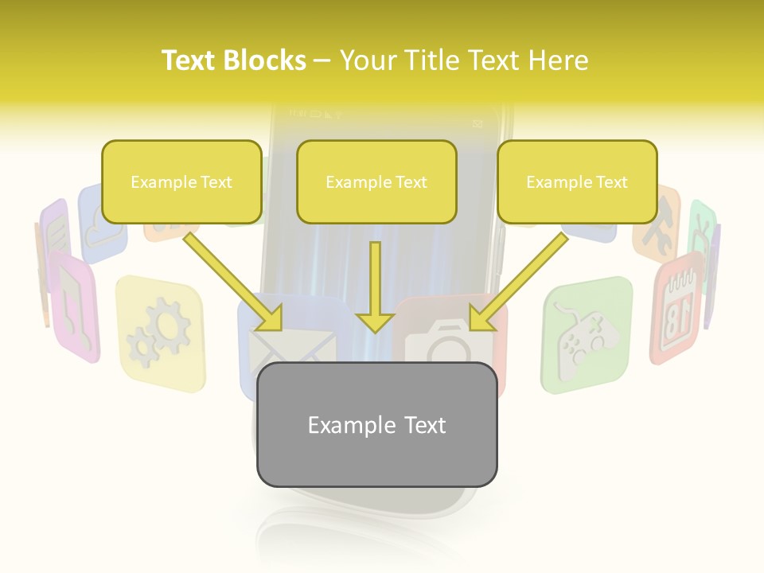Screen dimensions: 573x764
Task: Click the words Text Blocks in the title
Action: click(234, 60)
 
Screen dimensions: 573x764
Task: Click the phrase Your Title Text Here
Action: click(464, 60)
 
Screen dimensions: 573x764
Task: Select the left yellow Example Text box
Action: click(181, 182)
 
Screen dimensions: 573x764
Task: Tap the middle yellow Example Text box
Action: click(376, 182)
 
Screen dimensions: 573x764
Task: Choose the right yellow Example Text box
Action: click(577, 182)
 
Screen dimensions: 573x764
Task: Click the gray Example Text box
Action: click(376, 425)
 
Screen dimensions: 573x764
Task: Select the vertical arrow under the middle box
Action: click(375, 287)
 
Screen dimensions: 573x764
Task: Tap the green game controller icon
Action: click(587, 334)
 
